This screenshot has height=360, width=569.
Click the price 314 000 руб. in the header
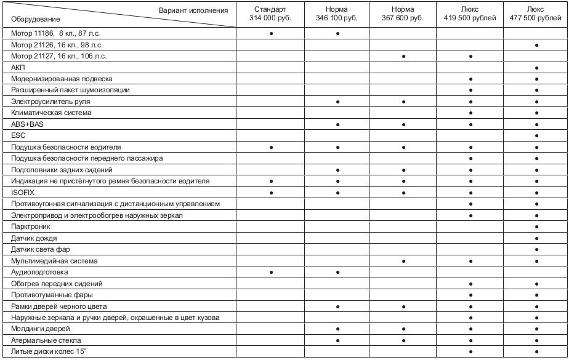(271, 18)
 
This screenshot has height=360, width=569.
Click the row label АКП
(18, 67)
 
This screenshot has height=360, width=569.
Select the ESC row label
(18, 135)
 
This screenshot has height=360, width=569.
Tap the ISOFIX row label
(23, 193)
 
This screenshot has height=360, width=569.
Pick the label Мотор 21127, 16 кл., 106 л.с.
(59, 56)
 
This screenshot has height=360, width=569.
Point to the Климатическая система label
(51, 113)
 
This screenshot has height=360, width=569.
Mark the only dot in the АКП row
(537, 68)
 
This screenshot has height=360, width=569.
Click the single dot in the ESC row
(537, 136)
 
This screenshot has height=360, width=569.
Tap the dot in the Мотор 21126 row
(537, 45)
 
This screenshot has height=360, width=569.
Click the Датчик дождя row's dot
(537, 238)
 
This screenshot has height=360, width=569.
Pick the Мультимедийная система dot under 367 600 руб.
(403, 262)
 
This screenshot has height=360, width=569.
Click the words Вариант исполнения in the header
(193, 10)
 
